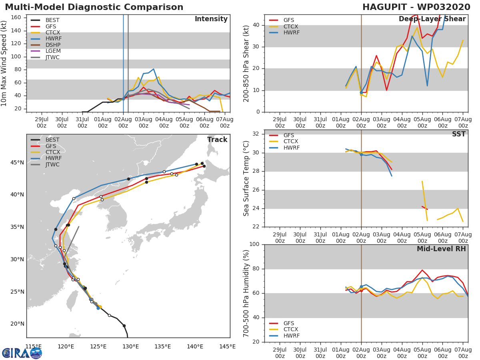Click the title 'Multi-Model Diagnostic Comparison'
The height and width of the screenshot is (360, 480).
point(94,7)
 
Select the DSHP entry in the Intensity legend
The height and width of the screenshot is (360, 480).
point(52,45)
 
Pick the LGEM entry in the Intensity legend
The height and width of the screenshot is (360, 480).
point(53,51)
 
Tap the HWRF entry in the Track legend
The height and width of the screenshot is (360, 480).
point(53,158)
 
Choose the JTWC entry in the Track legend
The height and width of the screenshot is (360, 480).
point(52,164)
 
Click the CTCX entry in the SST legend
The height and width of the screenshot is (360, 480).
point(290,142)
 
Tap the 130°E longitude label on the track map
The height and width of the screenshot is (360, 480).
point(130,346)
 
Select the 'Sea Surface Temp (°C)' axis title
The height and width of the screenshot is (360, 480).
point(246,178)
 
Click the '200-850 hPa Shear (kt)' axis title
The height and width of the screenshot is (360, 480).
point(246,63)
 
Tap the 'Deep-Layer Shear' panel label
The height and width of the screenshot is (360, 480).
point(432,19)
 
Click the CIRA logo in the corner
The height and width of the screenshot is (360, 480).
point(22,353)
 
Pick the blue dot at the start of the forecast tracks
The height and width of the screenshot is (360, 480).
point(98,308)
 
